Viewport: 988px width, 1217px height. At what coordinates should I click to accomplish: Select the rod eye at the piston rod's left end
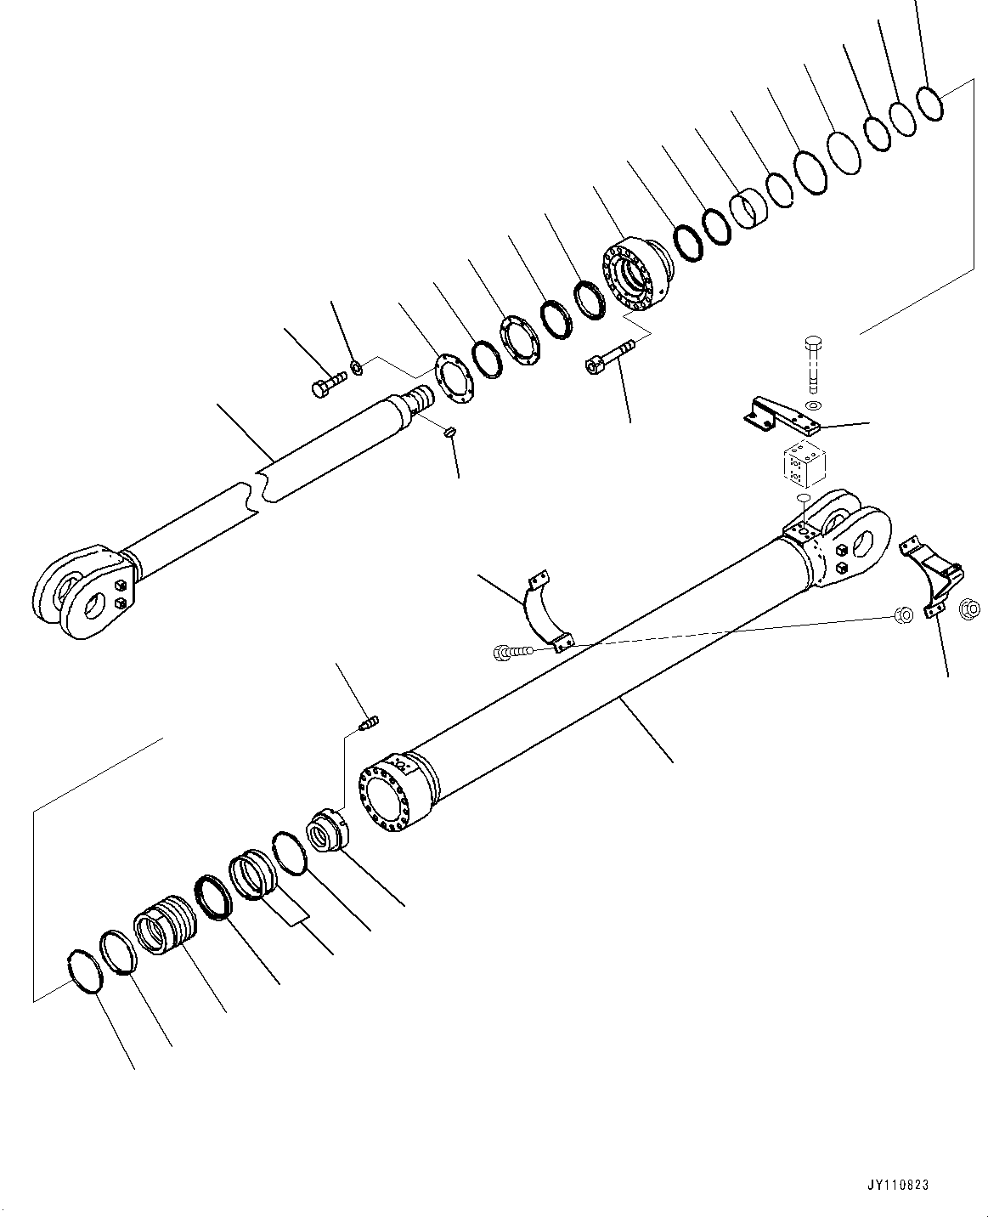pos(82,594)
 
